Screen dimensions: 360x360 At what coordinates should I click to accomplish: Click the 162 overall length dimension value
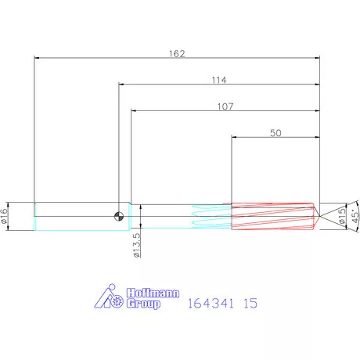pyautogui.click(x=177, y=53)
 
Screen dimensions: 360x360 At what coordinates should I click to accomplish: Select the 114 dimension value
pyautogui.click(x=219, y=80)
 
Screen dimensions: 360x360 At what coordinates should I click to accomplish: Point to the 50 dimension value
pyautogui.click(x=275, y=133)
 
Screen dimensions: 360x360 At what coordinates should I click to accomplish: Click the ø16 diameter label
pyautogui.click(x=5, y=217)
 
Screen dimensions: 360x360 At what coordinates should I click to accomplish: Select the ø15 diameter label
pyautogui.click(x=342, y=216)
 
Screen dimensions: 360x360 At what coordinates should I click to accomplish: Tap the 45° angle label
pyautogui.click(x=355, y=216)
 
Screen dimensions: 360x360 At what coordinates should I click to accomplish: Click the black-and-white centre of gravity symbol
pyautogui.click(x=118, y=216)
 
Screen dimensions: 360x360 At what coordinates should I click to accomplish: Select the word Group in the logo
pyautogui.click(x=143, y=303)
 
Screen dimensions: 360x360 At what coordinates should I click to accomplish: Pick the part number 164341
pyautogui.click(x=210, y=302)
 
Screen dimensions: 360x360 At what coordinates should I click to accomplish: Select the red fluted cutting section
pyautogui.click(x=270, y=216)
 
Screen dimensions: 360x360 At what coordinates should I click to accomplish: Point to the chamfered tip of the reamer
pyautogui.click(x=316, y=216)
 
